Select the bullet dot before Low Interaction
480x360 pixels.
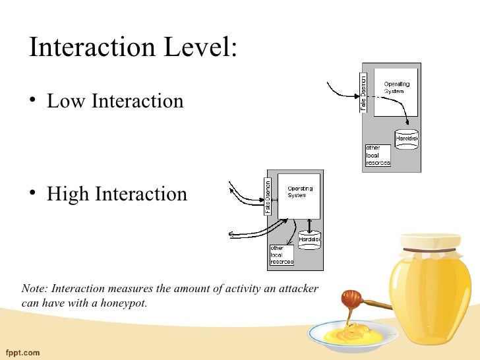point(34,102)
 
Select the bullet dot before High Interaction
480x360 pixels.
point(34,195)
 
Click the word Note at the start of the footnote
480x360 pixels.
point(34,289)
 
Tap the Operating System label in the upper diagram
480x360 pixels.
point(397,87)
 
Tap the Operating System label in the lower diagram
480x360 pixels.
point(300,193)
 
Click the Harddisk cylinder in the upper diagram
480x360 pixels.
point(406,138)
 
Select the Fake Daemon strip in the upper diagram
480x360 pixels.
point(363,92)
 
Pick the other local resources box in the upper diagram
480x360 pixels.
point(378,156)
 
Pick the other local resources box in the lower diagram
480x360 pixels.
point(282,255)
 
